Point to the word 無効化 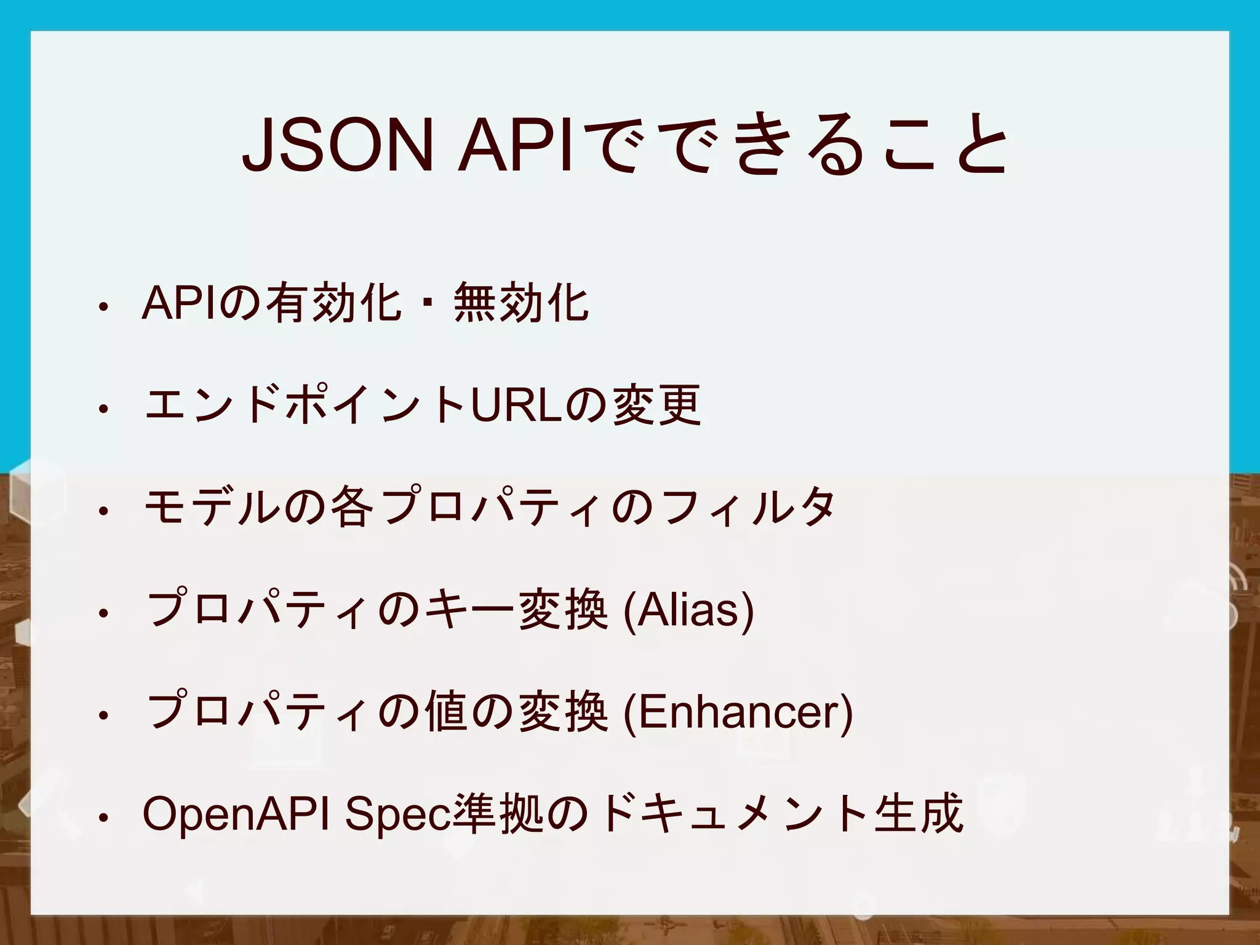click(x=520, y=302)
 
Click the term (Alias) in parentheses click(x=688, y=610)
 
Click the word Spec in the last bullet click(x=397, y=814)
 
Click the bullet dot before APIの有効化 click(x=104, y=306)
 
